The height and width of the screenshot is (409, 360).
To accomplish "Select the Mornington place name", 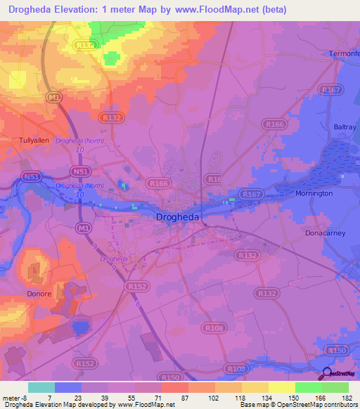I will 314,193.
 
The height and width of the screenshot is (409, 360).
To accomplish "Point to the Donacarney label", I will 326,233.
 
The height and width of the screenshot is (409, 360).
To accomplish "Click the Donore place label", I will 39,294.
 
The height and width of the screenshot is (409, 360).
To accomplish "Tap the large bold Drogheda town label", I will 176,218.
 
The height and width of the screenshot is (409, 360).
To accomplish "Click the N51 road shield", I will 30,177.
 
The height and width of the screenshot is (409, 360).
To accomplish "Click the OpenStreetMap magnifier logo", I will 326,373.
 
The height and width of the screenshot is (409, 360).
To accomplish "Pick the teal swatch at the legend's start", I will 41,387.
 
